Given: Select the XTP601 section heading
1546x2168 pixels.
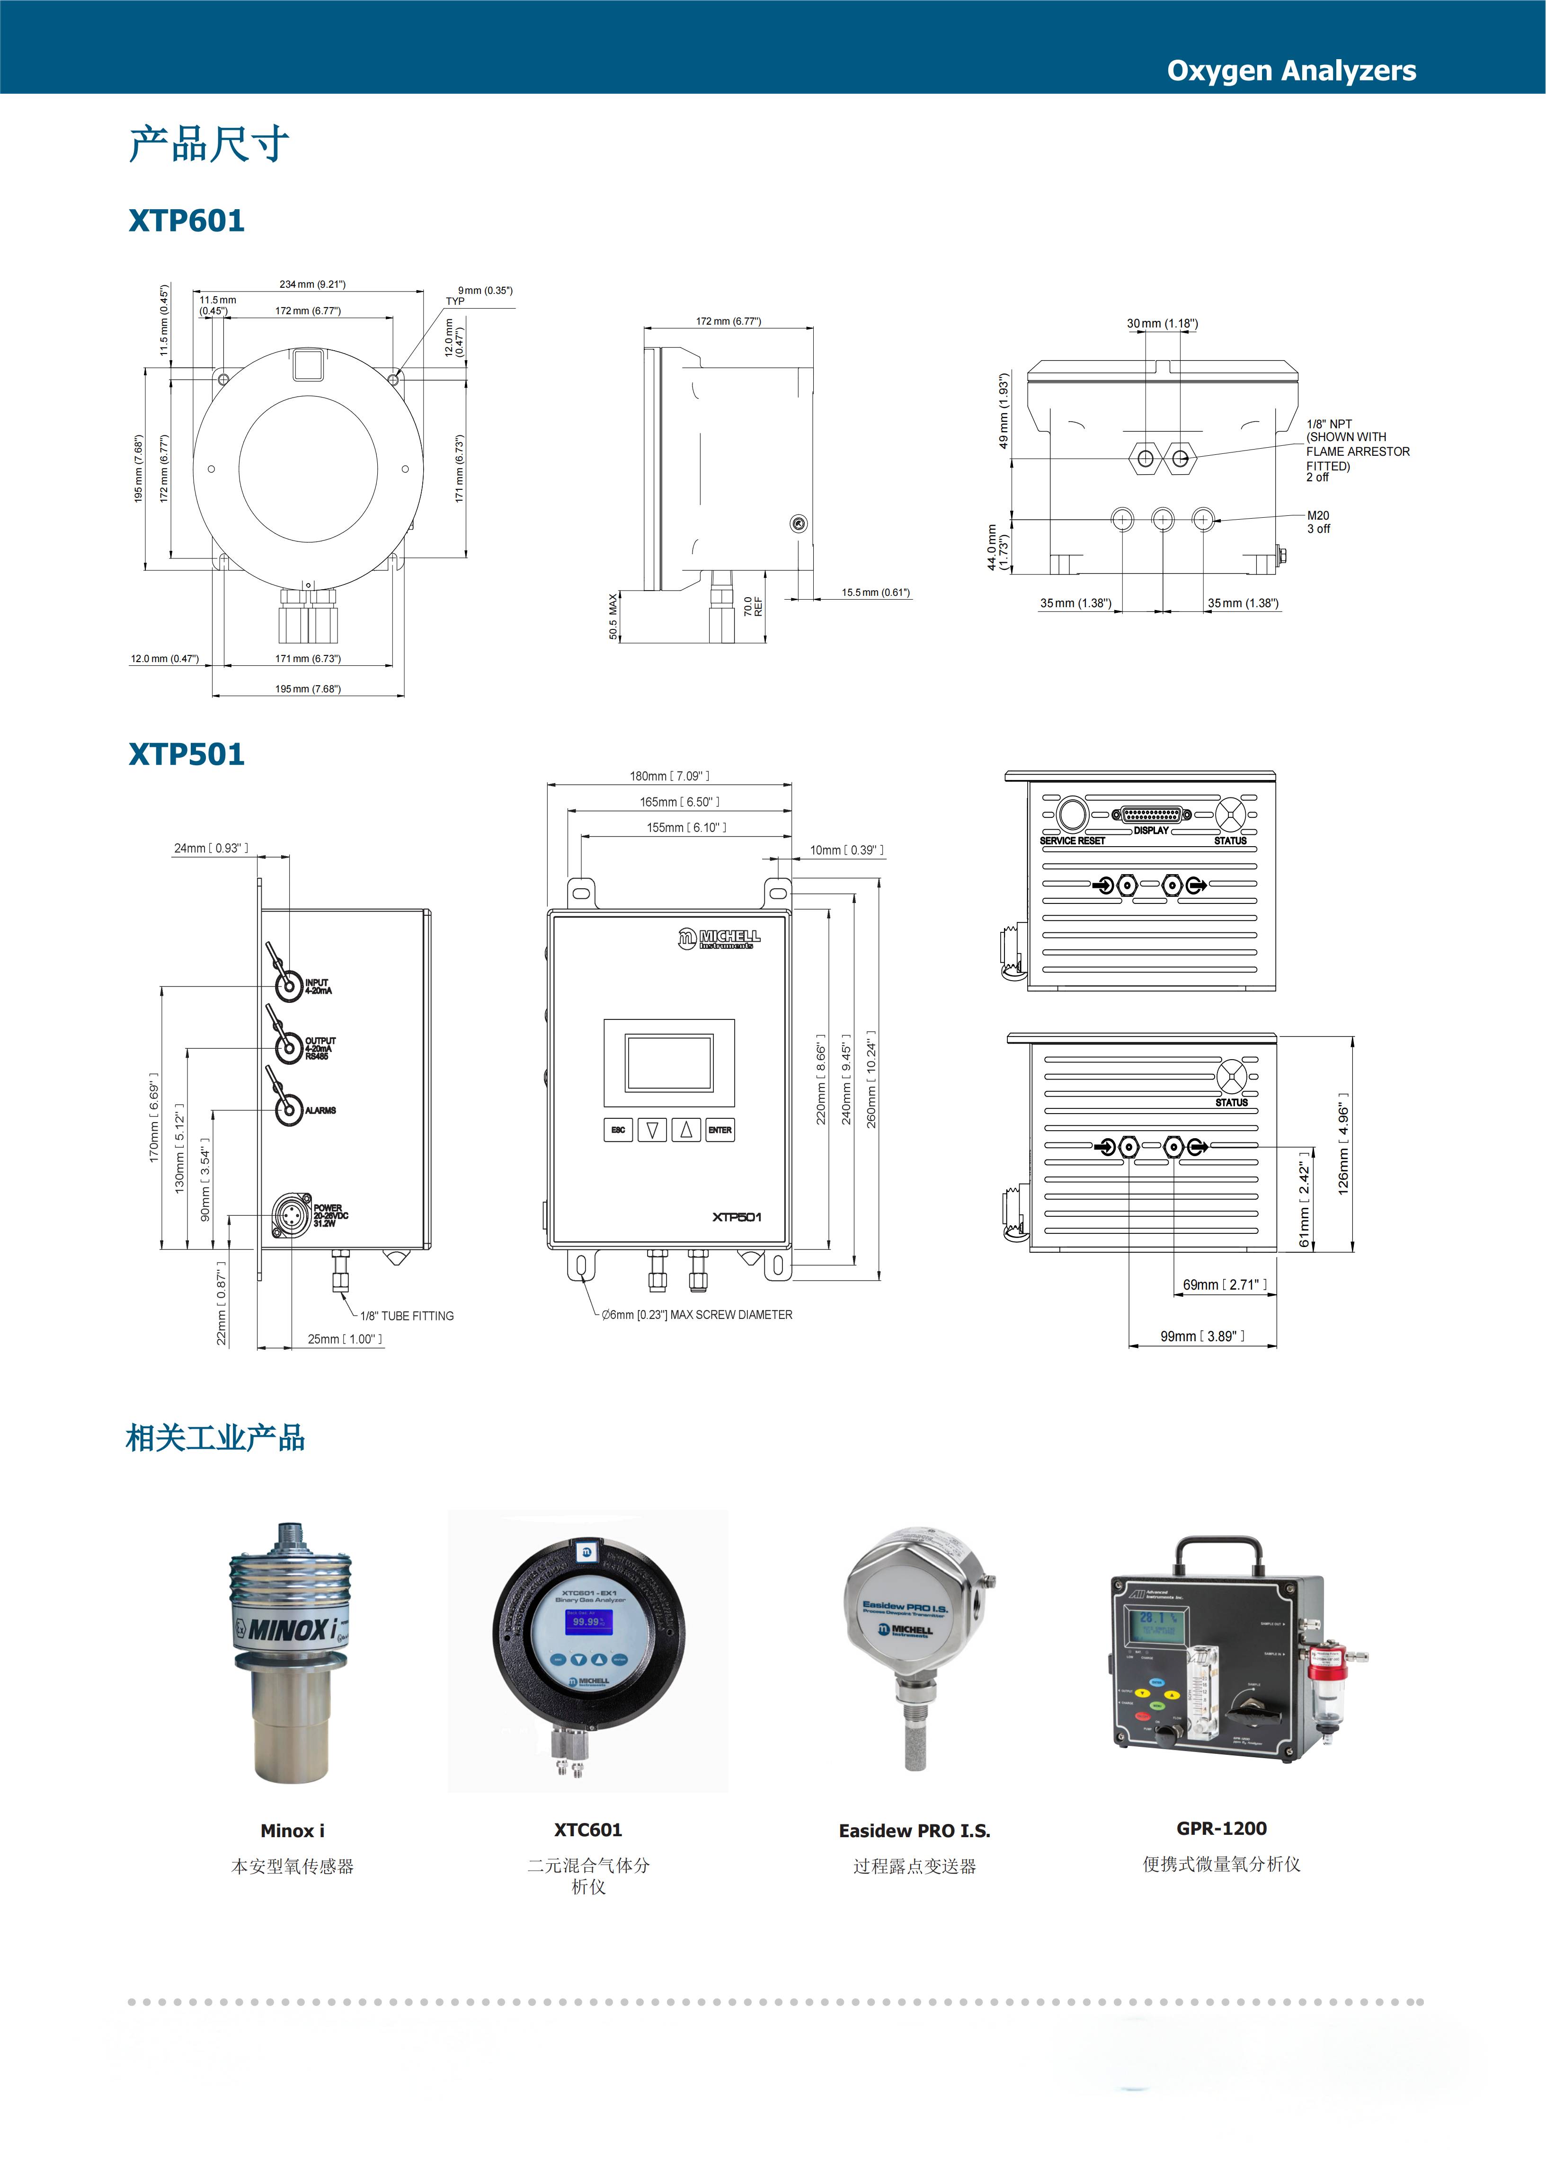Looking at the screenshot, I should [187, 221].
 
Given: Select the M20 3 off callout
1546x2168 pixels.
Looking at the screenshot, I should [1318, 522].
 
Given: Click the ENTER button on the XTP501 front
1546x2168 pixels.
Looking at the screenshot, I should [720, 1130].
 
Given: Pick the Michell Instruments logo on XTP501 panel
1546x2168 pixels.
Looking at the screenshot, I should [720, 938].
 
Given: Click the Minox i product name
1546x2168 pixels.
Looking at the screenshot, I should [292, 1830].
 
